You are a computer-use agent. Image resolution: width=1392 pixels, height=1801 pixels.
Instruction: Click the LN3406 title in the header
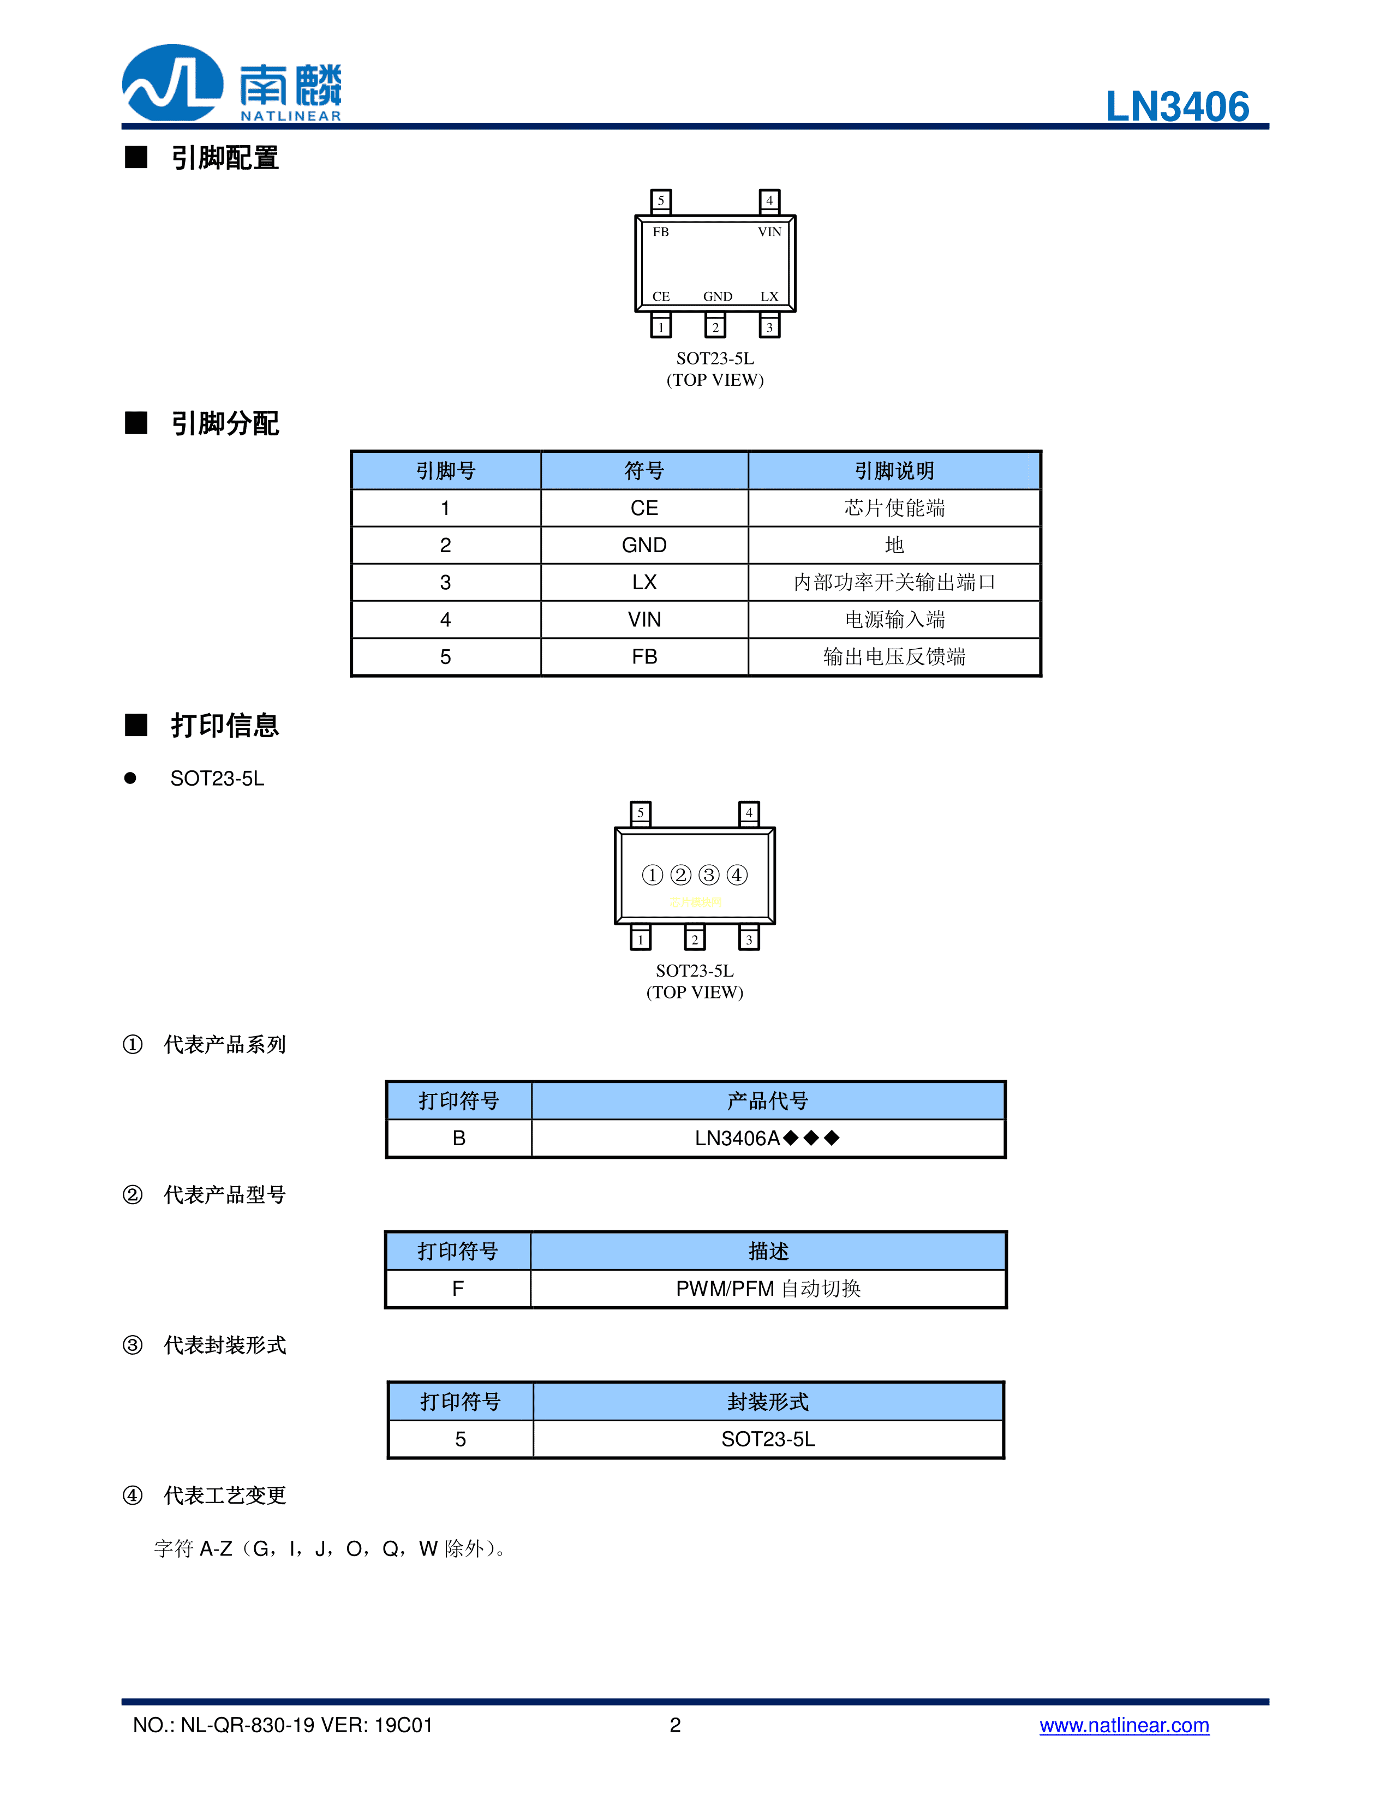[1177, 106]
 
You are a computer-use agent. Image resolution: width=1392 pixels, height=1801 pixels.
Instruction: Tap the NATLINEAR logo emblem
[172, 83]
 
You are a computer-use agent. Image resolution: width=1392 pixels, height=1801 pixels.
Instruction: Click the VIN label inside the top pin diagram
[768, 232]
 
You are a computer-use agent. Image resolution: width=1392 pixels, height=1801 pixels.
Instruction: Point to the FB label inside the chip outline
[661, 232]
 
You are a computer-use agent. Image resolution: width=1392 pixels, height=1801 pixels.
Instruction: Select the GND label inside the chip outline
[718, 296]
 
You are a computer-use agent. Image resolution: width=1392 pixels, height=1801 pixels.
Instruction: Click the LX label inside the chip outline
[768, 296]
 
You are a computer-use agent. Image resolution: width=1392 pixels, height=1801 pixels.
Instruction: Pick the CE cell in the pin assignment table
[644, 508]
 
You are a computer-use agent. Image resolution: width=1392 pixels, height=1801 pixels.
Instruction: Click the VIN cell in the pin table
[644, 619]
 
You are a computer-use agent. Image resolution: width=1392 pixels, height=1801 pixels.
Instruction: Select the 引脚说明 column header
[894, 471]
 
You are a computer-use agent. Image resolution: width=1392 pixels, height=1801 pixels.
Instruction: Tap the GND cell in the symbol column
[644, 545]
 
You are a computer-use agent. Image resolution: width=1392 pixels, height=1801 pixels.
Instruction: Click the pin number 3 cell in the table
[445, 582]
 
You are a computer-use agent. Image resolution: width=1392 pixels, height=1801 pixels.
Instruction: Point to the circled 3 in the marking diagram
[708, 875]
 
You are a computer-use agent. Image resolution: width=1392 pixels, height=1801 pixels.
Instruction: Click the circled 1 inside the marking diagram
[652, 875]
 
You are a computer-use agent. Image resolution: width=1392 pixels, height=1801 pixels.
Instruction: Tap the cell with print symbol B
[458, 1138]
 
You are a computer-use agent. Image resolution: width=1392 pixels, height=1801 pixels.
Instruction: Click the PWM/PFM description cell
[768, 1288]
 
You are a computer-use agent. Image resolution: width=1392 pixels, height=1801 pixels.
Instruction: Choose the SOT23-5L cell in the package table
[768, 1439]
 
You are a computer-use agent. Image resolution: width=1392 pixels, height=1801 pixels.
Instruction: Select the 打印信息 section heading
[224, 726]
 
